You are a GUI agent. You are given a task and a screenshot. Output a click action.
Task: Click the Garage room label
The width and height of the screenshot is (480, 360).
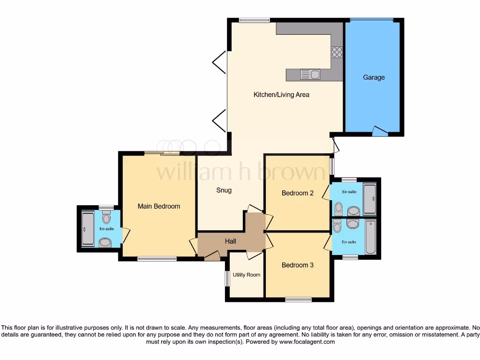pos(374,77)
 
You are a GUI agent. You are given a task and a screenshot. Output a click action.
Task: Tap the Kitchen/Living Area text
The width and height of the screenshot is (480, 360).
pos(281,95)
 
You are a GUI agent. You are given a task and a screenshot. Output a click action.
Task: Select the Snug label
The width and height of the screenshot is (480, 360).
pos(224,190)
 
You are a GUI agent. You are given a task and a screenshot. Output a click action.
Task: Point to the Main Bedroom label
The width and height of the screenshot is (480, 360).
pos(158,206)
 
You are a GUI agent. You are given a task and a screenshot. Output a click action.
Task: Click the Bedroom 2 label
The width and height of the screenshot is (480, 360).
pos(298,193)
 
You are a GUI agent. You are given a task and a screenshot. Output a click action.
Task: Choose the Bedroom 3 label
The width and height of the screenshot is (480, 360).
pos(298,265)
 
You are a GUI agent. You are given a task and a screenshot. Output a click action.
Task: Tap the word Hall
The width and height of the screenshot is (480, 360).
pos(230,241)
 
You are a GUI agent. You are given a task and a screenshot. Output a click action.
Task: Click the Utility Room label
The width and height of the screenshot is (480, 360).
pos(247,275)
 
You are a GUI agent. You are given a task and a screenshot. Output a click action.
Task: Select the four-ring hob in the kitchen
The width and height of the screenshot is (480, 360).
pos(337,52)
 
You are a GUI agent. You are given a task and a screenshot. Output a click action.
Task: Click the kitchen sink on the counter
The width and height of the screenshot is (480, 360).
pos(310,74)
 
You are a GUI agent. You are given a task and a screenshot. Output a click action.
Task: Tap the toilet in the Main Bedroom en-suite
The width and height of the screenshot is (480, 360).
pos(106,217)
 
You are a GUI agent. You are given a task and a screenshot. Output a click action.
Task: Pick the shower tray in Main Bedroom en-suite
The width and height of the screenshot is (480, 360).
pos(88,229)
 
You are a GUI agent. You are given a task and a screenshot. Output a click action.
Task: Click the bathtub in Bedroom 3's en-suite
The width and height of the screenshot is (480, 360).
pos(370,237)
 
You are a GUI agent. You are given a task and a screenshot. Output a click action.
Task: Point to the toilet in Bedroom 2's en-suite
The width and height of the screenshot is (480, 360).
pos(338,208)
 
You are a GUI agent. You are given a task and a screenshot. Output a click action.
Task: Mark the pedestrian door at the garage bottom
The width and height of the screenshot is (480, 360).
pos(380,131)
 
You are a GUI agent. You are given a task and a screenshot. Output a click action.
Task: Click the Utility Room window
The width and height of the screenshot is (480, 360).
pos(226,279)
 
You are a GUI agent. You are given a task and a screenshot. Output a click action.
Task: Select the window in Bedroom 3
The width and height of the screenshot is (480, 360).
pos(298,300)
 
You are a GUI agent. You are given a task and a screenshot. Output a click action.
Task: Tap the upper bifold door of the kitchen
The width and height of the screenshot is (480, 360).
pos(219,62)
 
